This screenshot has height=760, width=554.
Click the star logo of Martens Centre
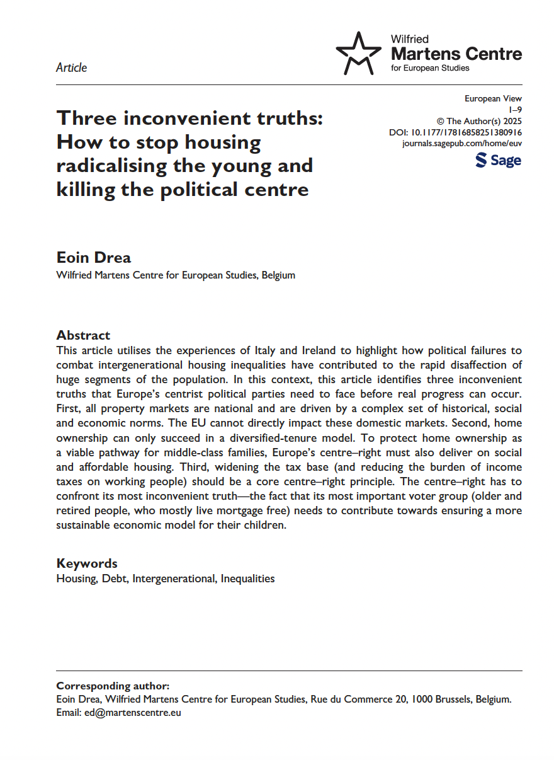coord(358,53)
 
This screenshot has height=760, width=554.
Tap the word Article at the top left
coord(72,67)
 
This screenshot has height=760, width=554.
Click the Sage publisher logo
coord(499,160)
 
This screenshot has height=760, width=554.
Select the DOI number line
coord(456,132)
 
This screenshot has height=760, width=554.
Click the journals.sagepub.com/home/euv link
coord(461,143)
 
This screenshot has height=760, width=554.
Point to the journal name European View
coord(493,98)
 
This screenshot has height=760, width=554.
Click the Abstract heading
coord(83,335)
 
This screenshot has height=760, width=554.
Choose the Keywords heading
coord(87,563)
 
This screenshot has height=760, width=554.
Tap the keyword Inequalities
coord(247,579)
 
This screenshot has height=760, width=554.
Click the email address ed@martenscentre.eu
coord(133,713)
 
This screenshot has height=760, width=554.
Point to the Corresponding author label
coord(113,686)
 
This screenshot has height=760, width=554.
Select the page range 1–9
coord(515,110)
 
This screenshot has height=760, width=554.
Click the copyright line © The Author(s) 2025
coord(479,121)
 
